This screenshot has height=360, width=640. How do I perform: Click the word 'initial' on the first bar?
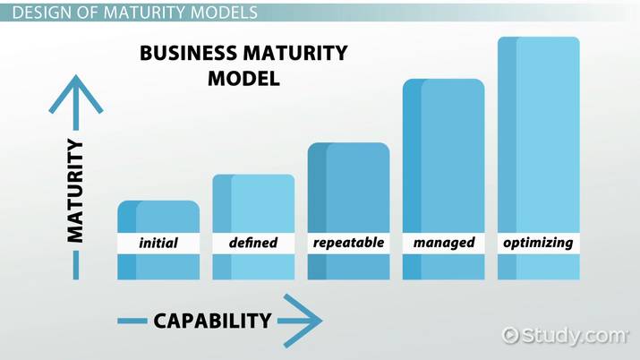pyautogui.click(x=158, y=243)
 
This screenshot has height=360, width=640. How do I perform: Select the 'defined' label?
pyautogui.click(x=253, y=243)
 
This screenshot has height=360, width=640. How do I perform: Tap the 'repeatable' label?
pyautogui.click(x=348, y=243)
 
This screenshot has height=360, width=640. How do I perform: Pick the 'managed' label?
pyautogui.click(x=444, y=243)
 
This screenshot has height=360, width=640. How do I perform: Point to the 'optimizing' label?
pyautogui.click(x=538, y=243)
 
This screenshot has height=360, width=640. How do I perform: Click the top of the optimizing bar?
pyautogui.click(x=539, y=38)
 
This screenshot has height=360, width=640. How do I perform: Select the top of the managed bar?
pyautogui.click(x=444, y=80)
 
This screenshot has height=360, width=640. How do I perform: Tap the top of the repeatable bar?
pyautogui.click(x=348, y=143)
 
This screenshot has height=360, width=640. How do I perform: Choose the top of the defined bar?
pyautogui.click(x=253, y=176)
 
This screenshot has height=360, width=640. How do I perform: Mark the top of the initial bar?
pyautogui.click(x=158, y=201)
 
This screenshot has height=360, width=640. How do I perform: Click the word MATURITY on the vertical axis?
pyautogui.click(x=75, y=191)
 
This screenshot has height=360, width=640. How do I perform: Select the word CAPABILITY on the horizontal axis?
pyautogui.click(x=212, y=321)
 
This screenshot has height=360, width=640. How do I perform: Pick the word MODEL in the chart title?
pyautogui.click(x=243, y=79)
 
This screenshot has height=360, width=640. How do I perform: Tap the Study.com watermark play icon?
pyautogui.click(x=510, y=336)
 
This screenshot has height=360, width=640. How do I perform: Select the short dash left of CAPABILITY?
pyautogui.click(x=132, y=321)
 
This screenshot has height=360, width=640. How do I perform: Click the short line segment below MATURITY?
pyautogui.click(x=76, y=265)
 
